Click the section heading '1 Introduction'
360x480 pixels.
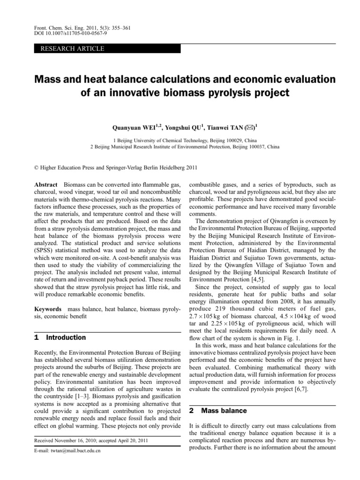click(60, 337)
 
